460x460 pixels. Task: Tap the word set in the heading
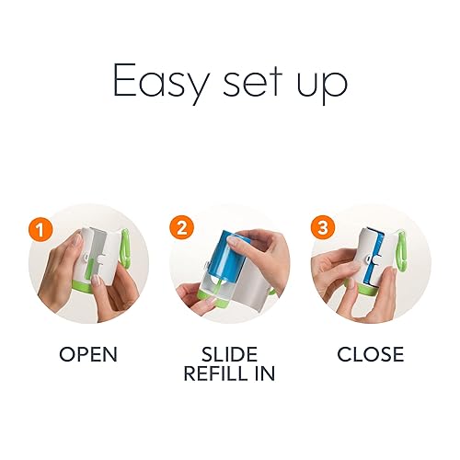[x=252, y=80]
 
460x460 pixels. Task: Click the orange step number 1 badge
[x=40, y=229]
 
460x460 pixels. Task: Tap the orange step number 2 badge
[x=181, y=228]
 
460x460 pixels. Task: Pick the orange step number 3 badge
[x=323, y=228]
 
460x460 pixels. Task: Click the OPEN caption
[x=88, y=354]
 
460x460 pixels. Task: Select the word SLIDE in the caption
[x=229, y=354]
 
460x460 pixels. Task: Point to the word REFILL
[x=217, y=374]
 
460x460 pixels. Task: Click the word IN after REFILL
[x=265, y=374]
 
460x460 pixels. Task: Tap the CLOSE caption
[x=371, y=354]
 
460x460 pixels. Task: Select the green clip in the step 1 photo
[x=126, y=247]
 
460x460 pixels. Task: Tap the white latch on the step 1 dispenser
[x=86, y=257]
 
